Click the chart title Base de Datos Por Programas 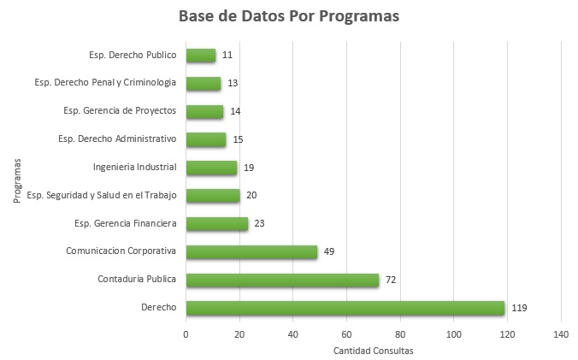point(288,16)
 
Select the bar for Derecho point(345,308)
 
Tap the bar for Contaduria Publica point(282,280)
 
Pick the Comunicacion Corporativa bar point(251,251)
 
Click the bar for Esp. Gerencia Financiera point(216,224)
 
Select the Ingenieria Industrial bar point(211,168)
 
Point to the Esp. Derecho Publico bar point(200,56)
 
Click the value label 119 point(519,308)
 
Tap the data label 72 point(391,280)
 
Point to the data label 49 point(329,251)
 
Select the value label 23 point(259,224)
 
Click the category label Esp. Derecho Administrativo point(116,139)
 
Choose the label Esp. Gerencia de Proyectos point(120,110)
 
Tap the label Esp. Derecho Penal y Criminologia point(105,83)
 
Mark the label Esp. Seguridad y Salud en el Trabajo point(101,195)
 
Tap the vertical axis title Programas point(17,180)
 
